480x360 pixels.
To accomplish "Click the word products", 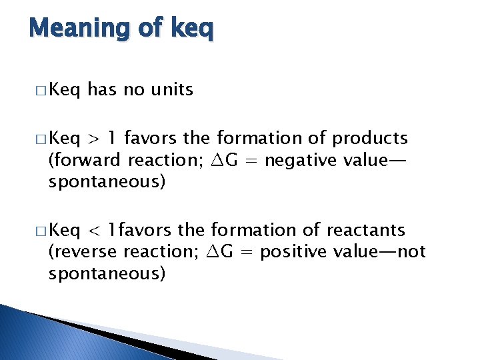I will tap(370, 139).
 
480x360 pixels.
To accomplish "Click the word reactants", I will tap(366, 230).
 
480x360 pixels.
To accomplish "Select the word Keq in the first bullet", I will tap(65, 90).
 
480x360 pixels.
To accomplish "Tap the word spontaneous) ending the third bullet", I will tap(106, 274).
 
